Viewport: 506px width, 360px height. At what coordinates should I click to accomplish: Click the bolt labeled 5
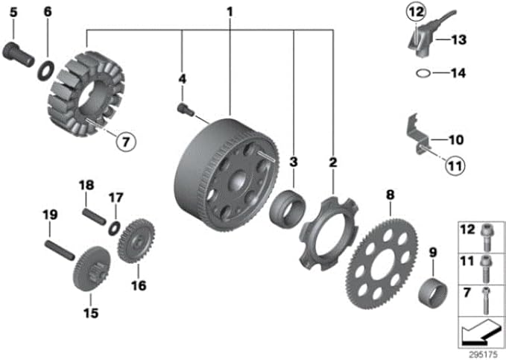pyautogui.click(x=18, y=54)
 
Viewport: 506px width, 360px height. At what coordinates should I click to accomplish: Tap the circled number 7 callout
pyautogui.click(x=126, y=142)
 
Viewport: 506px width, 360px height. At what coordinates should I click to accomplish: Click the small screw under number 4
pyautogui.click(x=186, y=109)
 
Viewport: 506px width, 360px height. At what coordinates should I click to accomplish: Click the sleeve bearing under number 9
pyautogui.click(x=433, y=292)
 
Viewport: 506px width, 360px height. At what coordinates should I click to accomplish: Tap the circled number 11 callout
pyautogui.click(x=455, y=165)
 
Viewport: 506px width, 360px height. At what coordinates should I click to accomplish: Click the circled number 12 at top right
pyautogui.click(x=416, y=12)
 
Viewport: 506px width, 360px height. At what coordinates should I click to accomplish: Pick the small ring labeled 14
pyautogui.click(x=423, y=73)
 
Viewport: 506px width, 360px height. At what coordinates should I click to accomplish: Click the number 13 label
pyautogui.click(x=459, y=40)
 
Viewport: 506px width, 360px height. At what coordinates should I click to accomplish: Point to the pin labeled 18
pyautogui.click(x=94, y=217)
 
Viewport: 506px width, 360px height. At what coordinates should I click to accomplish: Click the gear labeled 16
pyautogui.click(x=136, y=241)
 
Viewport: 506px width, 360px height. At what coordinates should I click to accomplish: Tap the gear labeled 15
pyautogui.click(x=92, y=268)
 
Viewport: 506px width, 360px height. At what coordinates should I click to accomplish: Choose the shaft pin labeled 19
pyautogui.click(x=60, y=250)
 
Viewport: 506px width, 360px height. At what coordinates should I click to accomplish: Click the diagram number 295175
pyautogui.click(x=483, y=355)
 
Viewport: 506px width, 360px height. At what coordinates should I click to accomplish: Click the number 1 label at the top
pyautogui.click(x=230, y=12)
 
